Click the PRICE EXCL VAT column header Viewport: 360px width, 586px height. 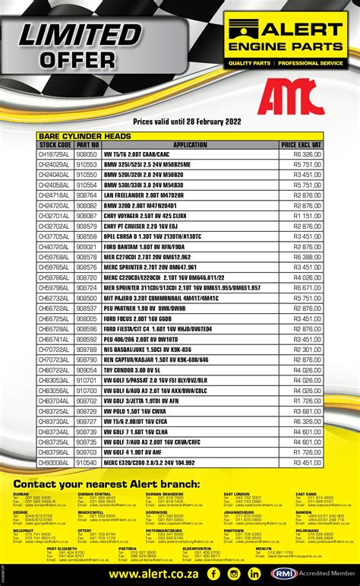click(301, 144)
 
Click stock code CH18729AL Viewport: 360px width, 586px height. click(55, 154)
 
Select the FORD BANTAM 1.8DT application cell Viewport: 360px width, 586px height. click(144, 246)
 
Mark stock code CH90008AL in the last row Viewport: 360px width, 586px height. click(55, 462)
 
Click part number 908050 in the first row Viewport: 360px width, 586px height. click(87, 154)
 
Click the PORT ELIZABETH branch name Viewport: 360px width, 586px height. click(62, 548)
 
